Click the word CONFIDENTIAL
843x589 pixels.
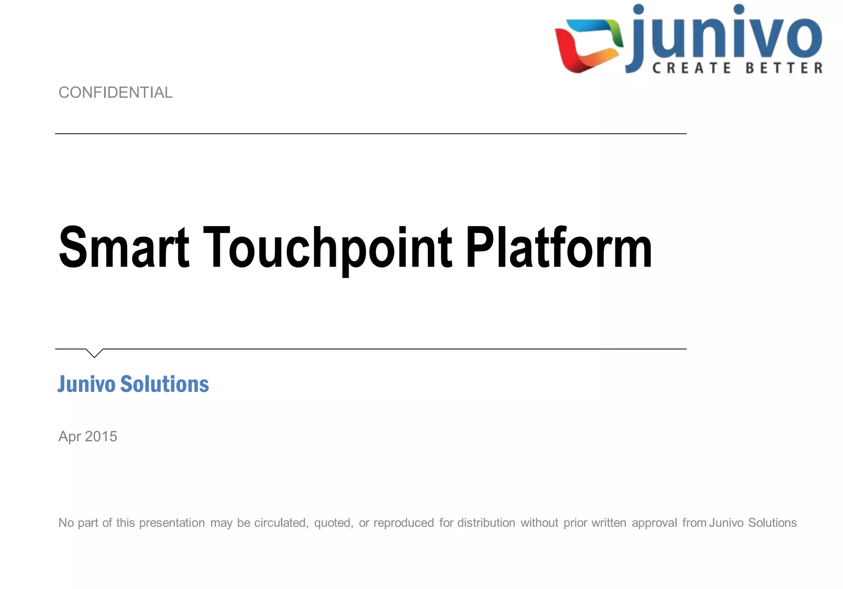116,93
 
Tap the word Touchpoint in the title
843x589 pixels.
328,249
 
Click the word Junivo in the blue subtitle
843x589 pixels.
86,384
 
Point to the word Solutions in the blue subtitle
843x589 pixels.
165,384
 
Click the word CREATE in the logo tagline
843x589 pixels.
692,68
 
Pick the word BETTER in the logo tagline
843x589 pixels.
784,68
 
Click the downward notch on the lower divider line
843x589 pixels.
94,353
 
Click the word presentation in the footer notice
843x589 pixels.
172,523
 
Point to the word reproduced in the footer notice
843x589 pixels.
403,523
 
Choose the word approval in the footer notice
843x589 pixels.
654,523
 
